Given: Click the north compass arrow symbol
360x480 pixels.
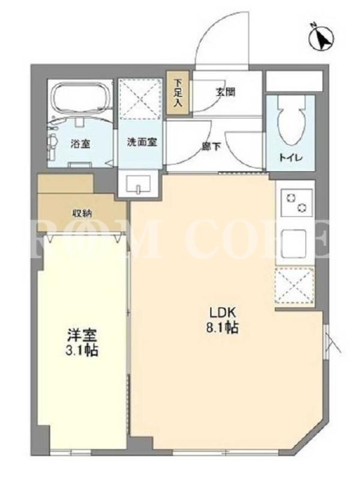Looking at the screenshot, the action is click(322, 37).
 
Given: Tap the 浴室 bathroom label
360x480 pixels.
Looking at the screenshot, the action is click(80, 143).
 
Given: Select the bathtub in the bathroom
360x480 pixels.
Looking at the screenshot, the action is click(81, 99).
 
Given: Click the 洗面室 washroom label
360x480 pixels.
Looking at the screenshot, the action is click(142, 142).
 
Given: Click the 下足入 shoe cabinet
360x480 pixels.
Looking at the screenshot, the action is click(178, 93).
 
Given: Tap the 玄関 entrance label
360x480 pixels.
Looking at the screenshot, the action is click(226, 92).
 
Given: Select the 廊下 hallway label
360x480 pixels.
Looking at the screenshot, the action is click(211, 146).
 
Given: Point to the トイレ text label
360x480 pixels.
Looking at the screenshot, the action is click(290, 158).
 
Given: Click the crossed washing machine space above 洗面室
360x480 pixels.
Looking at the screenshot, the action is click(140, 99).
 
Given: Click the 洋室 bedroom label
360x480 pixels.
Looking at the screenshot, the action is click(82, 337).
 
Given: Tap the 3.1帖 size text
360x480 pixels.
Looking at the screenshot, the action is click(82, 351).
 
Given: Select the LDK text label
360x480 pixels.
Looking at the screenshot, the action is click(222, 313).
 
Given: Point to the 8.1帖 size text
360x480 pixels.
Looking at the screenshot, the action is click(222, 328).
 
